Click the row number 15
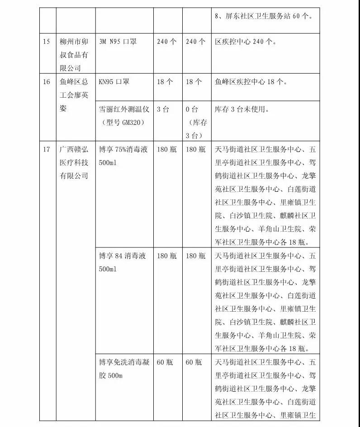click(46, 42)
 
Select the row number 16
click(46, 82)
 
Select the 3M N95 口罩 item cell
click(118, 42)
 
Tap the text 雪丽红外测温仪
click(122, 109)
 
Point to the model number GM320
click(131, 123)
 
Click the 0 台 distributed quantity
click(192, 109)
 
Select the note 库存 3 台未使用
click(242, 109)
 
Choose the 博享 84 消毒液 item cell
click(123, 256)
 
